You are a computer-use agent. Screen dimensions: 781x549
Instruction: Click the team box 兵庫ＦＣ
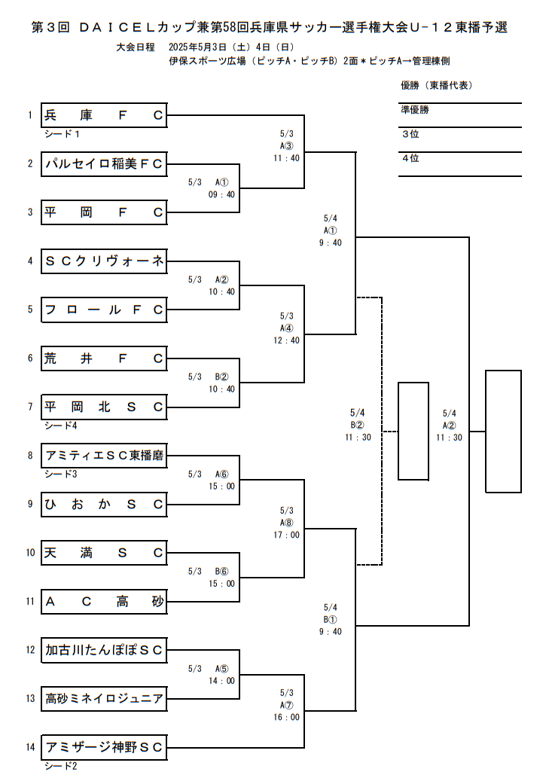tap(104, 115)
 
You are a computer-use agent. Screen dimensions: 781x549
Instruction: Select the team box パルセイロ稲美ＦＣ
tap(104, 163)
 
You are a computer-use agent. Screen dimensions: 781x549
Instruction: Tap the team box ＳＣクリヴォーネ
tap(104, 261)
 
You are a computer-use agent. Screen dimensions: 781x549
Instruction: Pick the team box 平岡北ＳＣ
tap(104, 407)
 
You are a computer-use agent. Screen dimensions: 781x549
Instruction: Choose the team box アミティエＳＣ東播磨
tap(104, 456)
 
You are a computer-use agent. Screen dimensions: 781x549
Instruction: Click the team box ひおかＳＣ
tap(104, 505)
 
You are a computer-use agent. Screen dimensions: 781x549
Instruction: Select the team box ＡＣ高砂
tap(104, 601)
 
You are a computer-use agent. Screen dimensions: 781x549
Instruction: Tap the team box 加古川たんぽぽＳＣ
tap(104, 649)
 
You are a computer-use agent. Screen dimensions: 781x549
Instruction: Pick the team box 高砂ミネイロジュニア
tap(104, 698)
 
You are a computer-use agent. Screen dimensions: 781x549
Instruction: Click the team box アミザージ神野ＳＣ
tap(104, 747)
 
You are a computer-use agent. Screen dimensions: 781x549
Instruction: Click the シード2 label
tap(60, 766)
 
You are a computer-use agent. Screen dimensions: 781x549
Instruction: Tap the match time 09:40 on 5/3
tap(222, 194)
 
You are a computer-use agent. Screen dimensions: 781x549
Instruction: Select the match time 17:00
tap(286, 535)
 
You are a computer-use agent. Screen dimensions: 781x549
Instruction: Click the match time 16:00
tap(286, 717)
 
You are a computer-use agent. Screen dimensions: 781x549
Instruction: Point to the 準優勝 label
tap(415, 110)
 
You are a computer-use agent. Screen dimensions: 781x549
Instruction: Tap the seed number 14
tap(30, 747)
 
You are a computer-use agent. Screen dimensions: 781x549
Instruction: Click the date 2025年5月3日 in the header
tap(202, 47)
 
